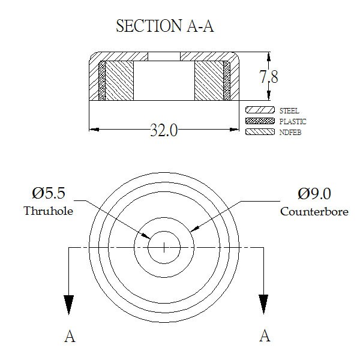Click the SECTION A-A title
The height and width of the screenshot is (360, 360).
coord(165,26)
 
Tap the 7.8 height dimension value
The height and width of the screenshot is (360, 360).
coord(269,76)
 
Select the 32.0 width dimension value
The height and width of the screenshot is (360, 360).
coord(164,130)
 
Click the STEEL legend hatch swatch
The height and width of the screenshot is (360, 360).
coord(260,110)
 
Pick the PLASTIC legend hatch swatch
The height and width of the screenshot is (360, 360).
coord(260,121)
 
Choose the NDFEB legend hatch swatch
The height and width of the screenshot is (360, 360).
coord(260,132)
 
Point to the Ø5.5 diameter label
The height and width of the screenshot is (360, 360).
coord(49,193)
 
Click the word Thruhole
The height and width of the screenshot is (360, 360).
coord(48,211)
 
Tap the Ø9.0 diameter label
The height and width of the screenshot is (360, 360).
coord(314,194)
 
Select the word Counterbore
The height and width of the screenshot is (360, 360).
coord(314,211)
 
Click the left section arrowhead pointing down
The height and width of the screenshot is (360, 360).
coord(68,304)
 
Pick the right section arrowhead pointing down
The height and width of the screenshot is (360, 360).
coord(263,304)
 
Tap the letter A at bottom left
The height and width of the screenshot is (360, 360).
coord(70,336)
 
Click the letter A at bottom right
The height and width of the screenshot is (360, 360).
coord(265,335)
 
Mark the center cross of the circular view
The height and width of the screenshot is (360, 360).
coord(164,247)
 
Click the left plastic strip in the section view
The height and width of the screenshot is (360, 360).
coord(102,80)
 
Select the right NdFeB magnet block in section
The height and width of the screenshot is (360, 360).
coord(209,80)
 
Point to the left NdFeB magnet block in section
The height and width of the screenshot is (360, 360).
coord(119,80)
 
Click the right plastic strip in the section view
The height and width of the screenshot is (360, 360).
coord(227,80)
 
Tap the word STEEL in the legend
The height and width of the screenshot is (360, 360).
coord(289,110)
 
